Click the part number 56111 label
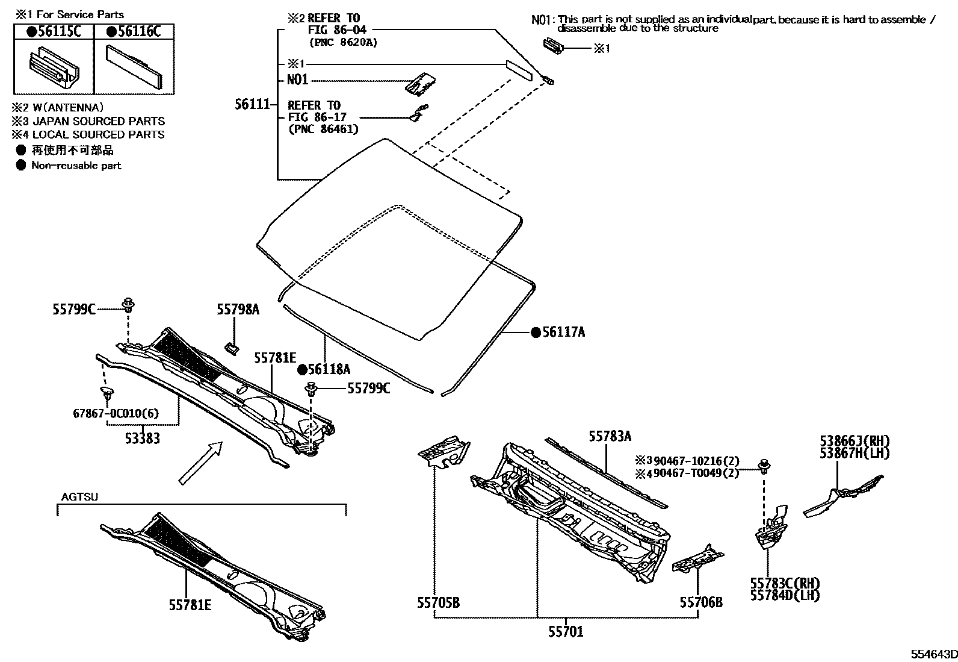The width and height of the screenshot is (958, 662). click(x=252, y=104)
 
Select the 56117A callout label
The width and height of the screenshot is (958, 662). click(x=563, y=332)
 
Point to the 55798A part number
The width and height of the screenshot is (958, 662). click(x=238, y=309)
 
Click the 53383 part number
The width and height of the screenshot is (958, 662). click(x=143, y=438)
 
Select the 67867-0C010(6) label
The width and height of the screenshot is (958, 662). click(x=117, y=413)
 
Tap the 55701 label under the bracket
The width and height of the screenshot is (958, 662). click(x=565, y=631)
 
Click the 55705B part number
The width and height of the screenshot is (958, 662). click(x=438, y=602)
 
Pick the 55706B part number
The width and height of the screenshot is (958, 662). click(x=701, y=602)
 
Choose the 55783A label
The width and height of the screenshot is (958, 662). click(x=610, y=436)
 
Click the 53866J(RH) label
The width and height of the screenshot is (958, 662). click(x=854, y=441)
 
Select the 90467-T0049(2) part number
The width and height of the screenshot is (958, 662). click(x=696, y=473)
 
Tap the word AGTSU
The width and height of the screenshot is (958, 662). click(x=79, y=497)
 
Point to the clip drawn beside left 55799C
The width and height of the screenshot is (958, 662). click(x=128, y=305)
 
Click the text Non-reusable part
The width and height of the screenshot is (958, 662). click(x=76, y=166)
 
